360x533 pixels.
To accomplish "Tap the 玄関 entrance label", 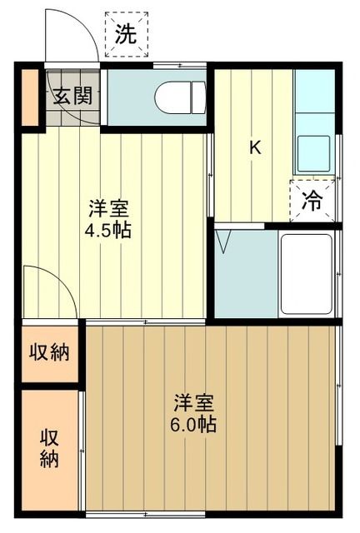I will [x=74, y=95].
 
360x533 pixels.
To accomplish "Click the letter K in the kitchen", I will [x=256, y=149].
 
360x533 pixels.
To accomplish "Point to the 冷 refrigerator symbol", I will [x=311, y=200].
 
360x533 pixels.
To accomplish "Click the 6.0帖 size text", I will [x=196, y=424].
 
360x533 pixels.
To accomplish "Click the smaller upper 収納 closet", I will [x=51, y=351].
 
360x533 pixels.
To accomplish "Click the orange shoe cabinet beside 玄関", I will [x=30, y=98].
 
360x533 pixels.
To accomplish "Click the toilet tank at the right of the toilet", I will [x=198, y=96].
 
